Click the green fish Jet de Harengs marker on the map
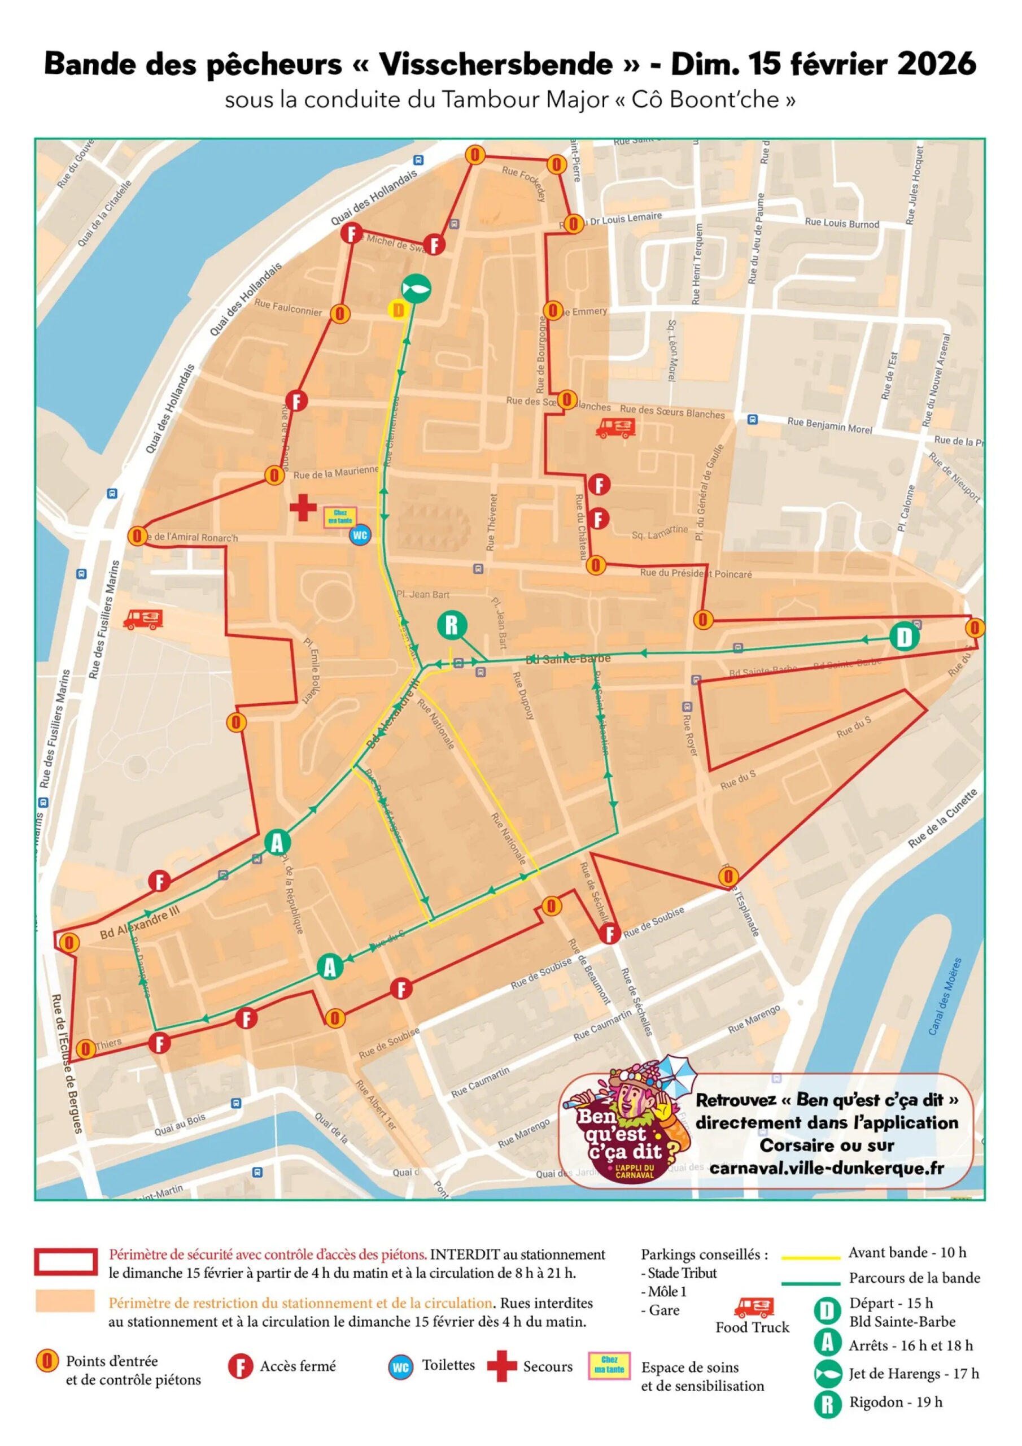tap(416, 289)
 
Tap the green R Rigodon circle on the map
tap(452, 625)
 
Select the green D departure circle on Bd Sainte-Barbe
tap(903, 637)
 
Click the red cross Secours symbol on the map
tap(303, 508)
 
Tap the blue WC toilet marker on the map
tap(360, 536)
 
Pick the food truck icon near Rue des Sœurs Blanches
tap(614, 428)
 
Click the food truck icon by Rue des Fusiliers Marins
tap(143, 619)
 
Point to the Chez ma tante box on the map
tap(340, 517)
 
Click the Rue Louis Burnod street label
tap(841, 224)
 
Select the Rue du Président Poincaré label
tap(695, 573)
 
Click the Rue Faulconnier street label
tap(288, 307)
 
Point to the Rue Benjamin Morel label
tap(829, 425)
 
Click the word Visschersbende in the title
tap(496, 64)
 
